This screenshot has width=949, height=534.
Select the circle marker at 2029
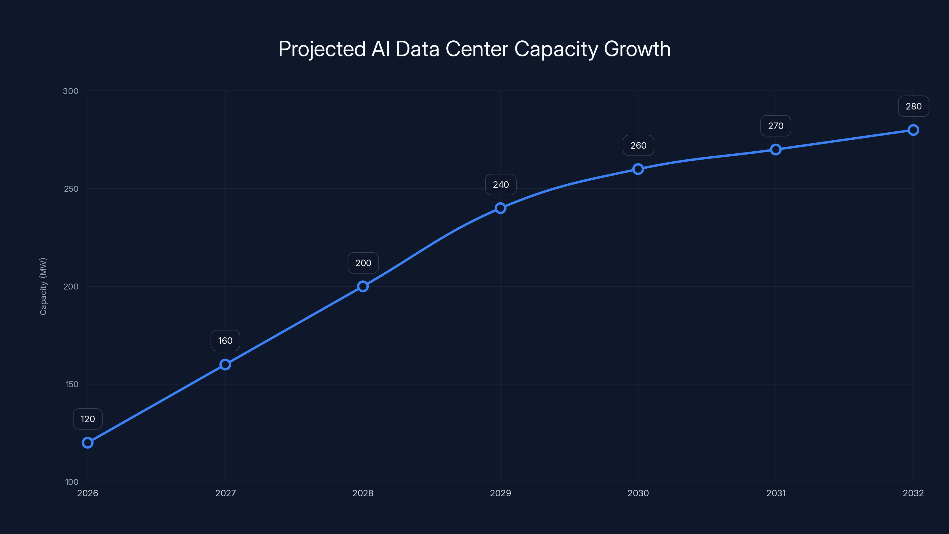(500, 208)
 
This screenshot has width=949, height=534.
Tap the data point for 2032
(913, 130)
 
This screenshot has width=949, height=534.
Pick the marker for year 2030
(638, 169)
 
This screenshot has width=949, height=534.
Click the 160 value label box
(225, 341)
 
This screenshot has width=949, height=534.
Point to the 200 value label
(363, 263)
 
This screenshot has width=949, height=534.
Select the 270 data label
(776, 126)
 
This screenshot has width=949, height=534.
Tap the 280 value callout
(913, 107)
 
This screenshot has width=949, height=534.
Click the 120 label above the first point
(88, 419)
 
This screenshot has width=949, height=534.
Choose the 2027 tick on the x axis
(225, 493)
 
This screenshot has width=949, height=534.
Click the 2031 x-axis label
(776, 493)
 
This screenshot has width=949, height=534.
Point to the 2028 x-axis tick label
(363, 493)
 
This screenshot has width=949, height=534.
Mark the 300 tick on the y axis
(71, 91)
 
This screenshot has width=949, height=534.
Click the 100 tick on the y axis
(72, 482)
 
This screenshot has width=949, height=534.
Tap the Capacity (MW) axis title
(43, 286)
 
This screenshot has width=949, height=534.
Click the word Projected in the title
(321, 49)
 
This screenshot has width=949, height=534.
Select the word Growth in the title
(637, 49)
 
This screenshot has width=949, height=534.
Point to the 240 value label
(501, 185)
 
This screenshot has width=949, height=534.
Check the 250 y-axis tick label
(71, 189)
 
